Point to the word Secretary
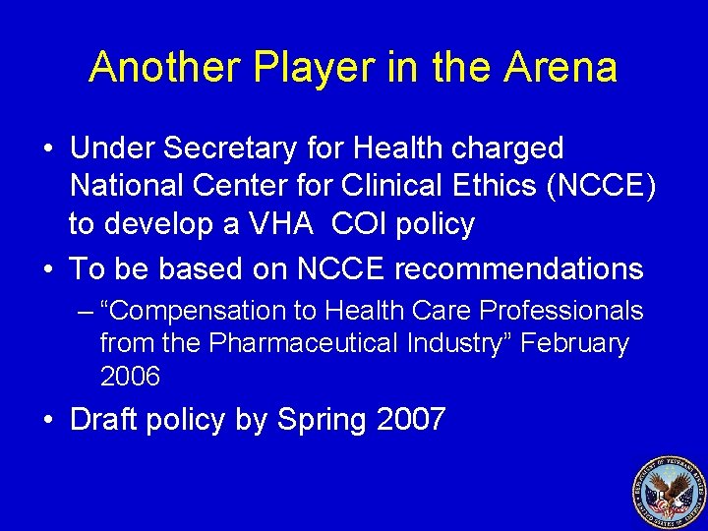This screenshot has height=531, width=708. pyautogui.click(x=221, y=148)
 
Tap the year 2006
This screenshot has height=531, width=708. pyautogui.click(x=131, y=377)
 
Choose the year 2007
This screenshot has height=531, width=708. pyautogui.click(x=411, y=420)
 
